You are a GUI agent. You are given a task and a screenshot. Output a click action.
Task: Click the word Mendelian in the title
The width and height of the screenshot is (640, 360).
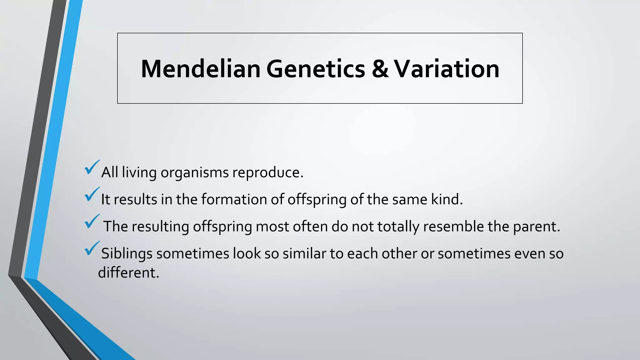(201, 69)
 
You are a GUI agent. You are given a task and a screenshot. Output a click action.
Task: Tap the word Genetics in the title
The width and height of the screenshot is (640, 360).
(315, 69)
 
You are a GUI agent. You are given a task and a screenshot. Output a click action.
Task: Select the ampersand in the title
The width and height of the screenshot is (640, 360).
(380, 69)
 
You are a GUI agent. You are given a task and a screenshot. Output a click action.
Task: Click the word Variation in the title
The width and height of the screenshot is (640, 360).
(447, 69)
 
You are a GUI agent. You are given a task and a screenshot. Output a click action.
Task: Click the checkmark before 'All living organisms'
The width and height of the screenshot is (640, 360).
(92, 168)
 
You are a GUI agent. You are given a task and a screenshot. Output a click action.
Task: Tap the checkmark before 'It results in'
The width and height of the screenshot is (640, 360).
(92, 195)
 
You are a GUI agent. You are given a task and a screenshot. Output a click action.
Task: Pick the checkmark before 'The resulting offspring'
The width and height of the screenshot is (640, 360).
(92, 222)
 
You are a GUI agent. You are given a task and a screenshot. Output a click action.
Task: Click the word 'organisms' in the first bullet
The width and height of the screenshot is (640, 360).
(194, 173)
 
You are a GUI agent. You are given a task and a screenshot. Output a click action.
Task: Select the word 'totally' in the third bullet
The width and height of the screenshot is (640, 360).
(398, 227)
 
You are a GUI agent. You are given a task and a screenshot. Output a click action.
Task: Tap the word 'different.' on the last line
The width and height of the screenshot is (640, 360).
(128, 272)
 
